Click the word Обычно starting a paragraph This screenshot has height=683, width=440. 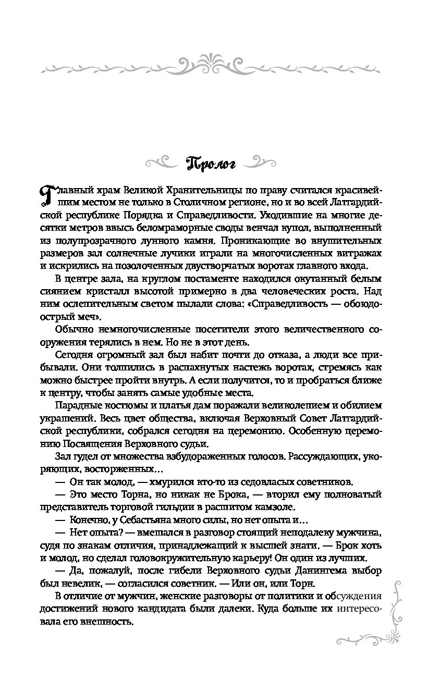pyautogui.click(x=71, y=330)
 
